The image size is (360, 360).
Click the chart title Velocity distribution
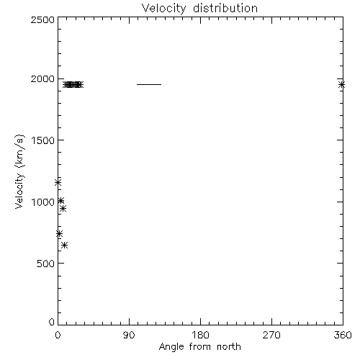(199, 9)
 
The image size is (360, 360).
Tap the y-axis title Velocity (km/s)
(19, 171)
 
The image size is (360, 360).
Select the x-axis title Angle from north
(199, 346)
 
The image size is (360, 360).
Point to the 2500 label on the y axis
(42, 19)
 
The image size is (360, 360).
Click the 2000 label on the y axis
(42, 78)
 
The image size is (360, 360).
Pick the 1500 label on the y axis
(42, 140)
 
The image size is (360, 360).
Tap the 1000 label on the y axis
(42, 202)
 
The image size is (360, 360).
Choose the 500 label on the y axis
(46, 264)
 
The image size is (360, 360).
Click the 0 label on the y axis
(52, 322)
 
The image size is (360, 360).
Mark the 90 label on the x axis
(129, 335)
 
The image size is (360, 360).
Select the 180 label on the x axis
(200, 335)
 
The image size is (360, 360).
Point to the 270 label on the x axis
(271, 335)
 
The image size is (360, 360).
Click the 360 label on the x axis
(343, 335)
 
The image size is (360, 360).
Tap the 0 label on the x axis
(58, 335)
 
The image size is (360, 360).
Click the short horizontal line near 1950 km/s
(149, 84)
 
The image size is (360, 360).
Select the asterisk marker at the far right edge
(342, 85)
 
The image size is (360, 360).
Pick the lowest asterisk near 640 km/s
(64, 246)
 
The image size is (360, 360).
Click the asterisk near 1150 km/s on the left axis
(58, 183)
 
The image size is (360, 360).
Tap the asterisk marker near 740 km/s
(59, 234)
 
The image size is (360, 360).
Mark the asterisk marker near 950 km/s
(63, 209)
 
